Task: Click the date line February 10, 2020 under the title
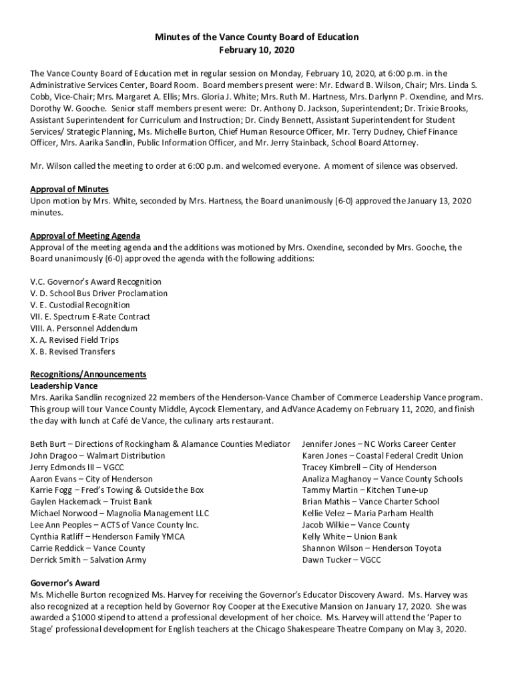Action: pos(257,50)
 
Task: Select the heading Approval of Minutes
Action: pos(69,189)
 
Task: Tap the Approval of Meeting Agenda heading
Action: pos(85,236)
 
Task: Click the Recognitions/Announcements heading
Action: pos(88,374)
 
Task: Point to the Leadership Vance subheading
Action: pos(64,386)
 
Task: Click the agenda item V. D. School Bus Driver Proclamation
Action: pos(99,293)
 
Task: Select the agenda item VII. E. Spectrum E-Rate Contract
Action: pos(90,317)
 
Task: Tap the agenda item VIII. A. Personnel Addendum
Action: pos(84,328)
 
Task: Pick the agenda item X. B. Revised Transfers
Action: pos(73,352)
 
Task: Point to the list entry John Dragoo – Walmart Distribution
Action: pos(97,456)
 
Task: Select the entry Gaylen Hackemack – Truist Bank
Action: pos(91,502)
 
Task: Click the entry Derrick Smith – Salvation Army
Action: pos(88,560)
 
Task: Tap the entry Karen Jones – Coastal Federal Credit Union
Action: pos(382,456)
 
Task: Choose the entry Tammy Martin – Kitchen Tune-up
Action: pos(365,490)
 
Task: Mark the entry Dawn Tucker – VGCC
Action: pos(341,560)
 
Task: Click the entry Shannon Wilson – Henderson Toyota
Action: pos(371,548)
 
